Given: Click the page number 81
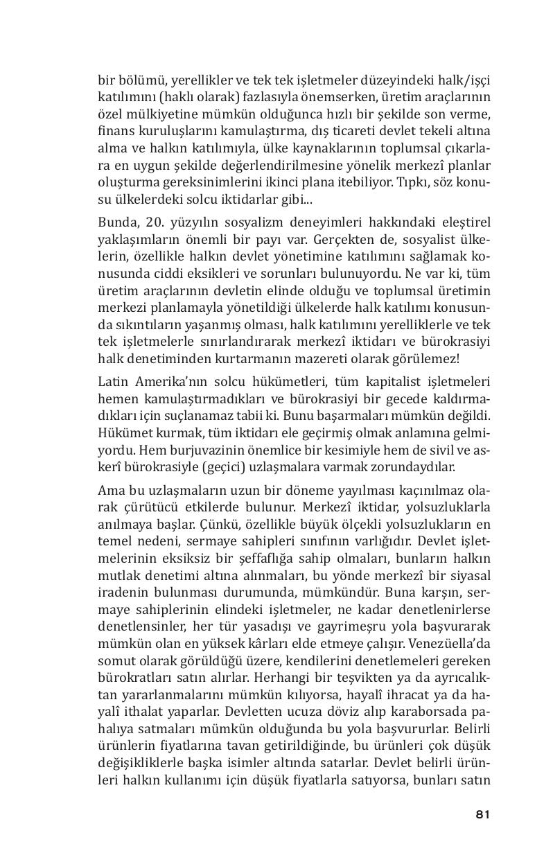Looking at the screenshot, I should click(x=483, y=814).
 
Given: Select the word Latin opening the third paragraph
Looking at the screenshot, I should click(x=114, y=382).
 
